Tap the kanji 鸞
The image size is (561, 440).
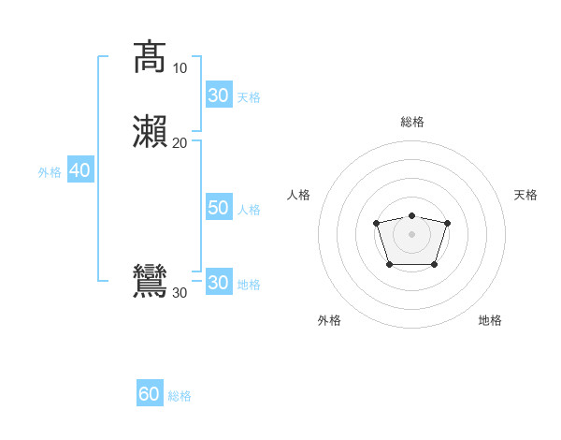click(150, 282)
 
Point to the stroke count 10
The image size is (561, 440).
click(180, 68)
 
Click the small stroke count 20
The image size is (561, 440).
click(180, 142)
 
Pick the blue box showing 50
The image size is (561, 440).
click(218, 208)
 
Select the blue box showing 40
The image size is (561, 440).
click(79, 170)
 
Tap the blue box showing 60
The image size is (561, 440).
click(149, 394)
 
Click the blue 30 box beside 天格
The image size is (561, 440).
click(218, 95)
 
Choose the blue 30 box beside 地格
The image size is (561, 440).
click(218, 282)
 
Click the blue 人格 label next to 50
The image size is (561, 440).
click(250, 209)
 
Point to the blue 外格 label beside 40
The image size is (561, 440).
click(49, 171)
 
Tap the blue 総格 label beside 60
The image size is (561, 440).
click(180, 396)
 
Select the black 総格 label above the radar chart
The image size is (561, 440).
click(412, 122)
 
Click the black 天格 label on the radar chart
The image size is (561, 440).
click(525, 195)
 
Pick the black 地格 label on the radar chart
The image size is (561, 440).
click(490, 320)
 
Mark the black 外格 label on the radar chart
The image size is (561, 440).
click(329, 320)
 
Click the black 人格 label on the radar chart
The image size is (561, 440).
click(299, 195)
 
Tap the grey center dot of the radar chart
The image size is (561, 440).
click(411, 233)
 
